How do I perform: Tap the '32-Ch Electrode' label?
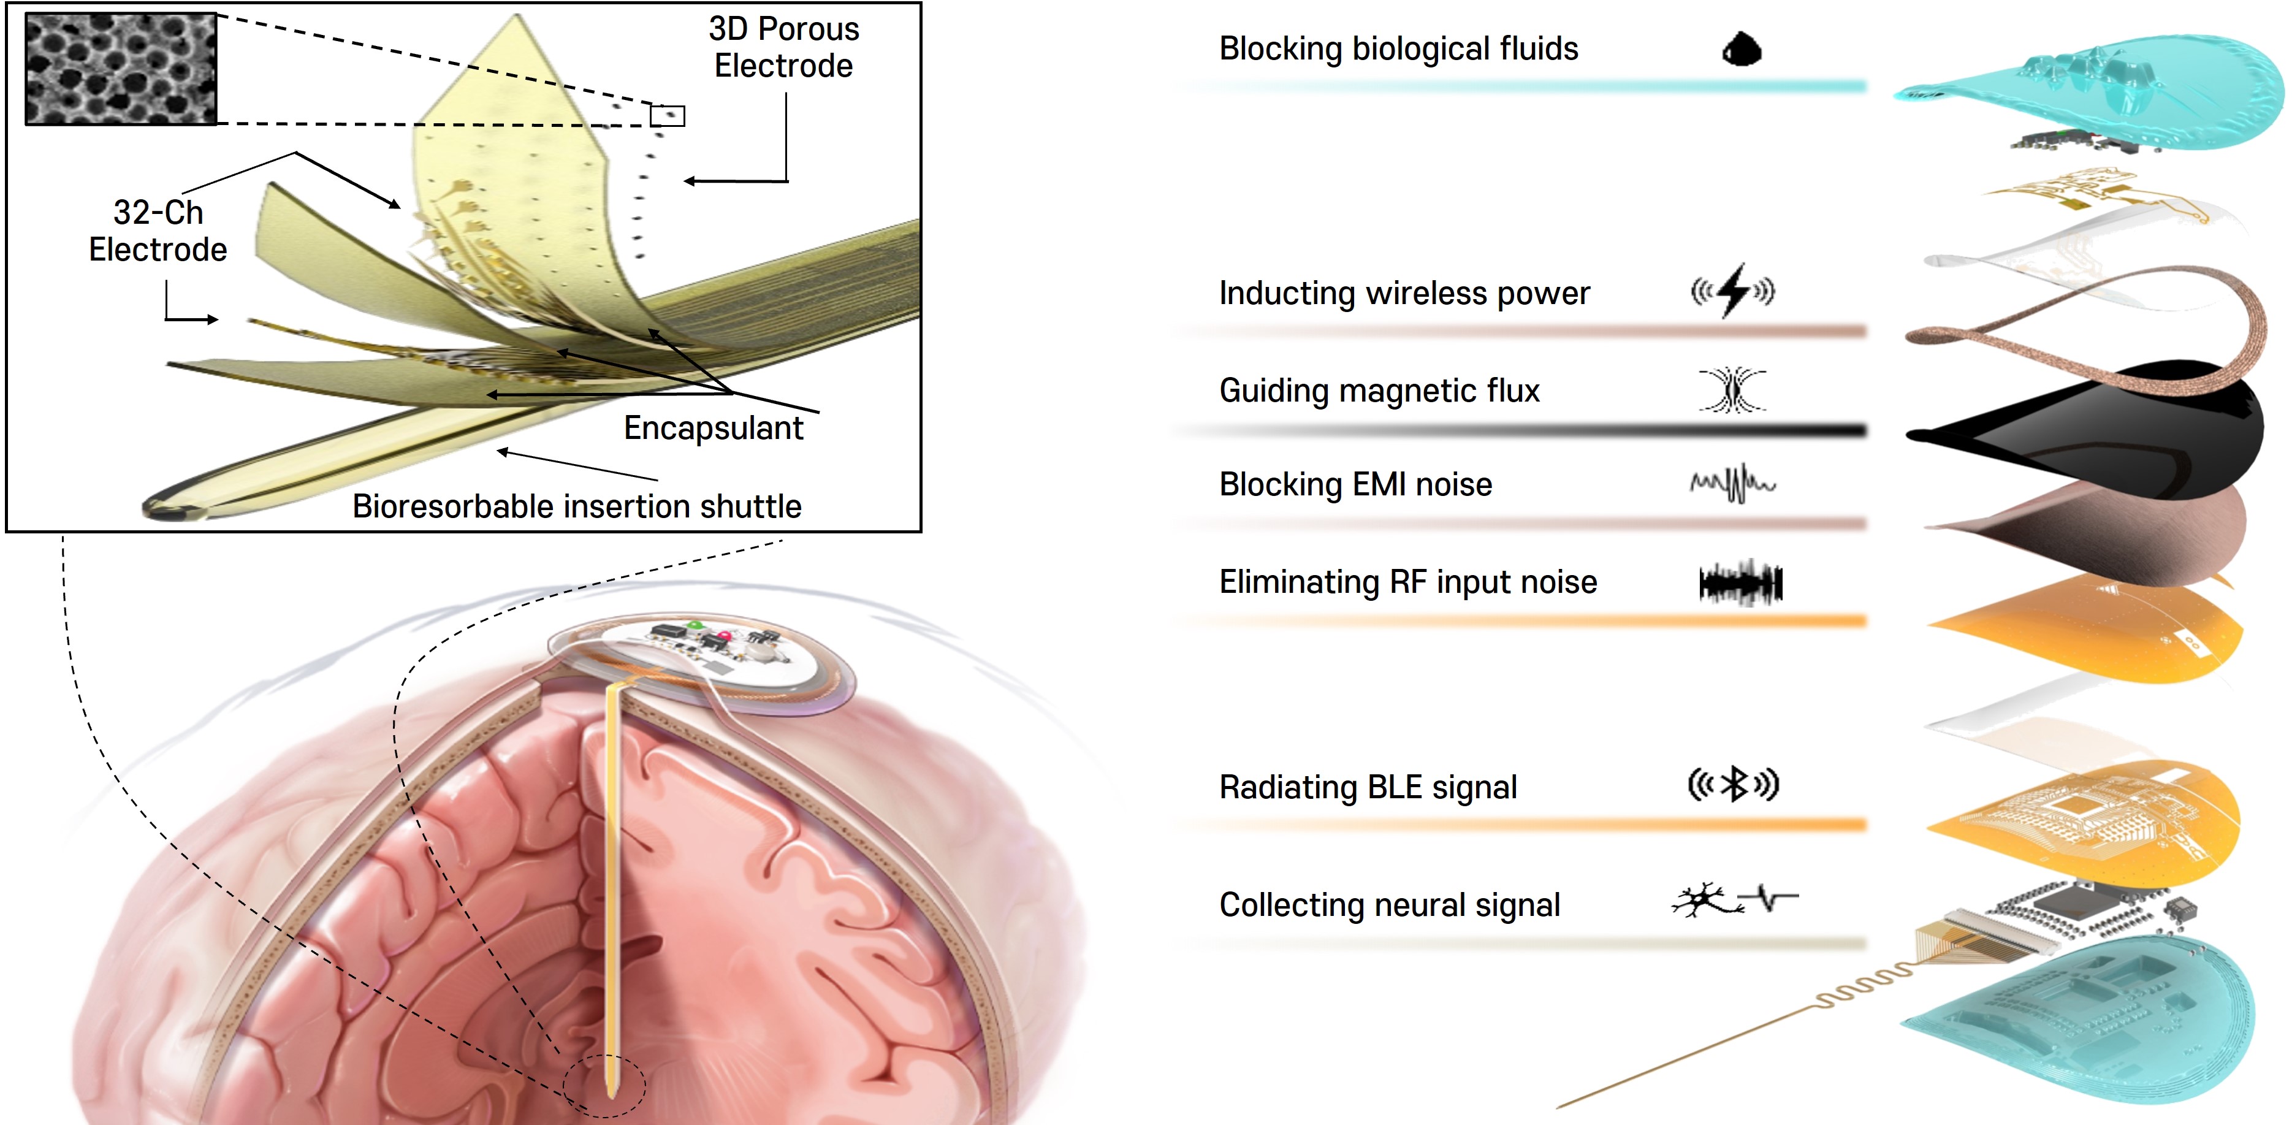tap(158, 231)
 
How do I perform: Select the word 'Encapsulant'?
tap(713, 428)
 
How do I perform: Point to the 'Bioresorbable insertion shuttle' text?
tap(577, 506)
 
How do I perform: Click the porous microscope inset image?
tap(120, 69)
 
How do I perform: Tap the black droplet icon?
tap(1742, 49)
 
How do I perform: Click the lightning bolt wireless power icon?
tap(1732, 290)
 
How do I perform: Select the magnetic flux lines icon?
tap(1732, 390)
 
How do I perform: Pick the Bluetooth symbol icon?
tap(1733, 785)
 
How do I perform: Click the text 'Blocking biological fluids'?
tap(1398, 49)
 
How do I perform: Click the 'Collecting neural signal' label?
tap(1389, 905)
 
